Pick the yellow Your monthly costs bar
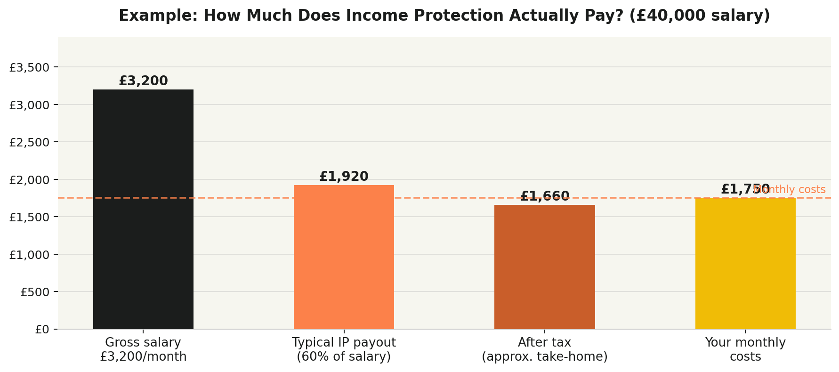[745, 264]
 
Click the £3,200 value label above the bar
[143, 81]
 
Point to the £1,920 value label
[344, 177]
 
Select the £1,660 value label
[544, 196]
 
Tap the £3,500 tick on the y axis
[29, 67]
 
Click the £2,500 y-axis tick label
[29, 142]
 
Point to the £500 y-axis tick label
[34, 292]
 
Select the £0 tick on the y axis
[42, 330]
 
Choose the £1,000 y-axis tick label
[29, 255]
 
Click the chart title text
[444, 16]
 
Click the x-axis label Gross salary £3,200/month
[143, 349]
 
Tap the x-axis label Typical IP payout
[344, 349]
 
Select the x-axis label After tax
[544, 349]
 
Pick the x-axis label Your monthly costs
[745, 349]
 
